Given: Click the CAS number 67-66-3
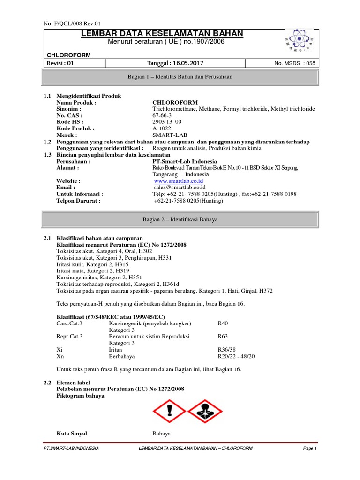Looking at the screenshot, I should click(162, 115).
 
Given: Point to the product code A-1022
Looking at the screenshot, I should click(162, 128).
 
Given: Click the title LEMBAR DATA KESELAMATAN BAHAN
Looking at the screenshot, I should click(162, 33).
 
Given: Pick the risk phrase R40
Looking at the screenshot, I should click(224, 323).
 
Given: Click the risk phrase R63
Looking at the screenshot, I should click(224, 337).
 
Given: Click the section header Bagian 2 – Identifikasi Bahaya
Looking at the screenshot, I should click(180, 219).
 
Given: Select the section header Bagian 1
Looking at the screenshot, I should click(180, 76).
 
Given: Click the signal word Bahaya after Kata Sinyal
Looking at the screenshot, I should click(162, 434).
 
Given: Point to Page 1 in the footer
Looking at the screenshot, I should click(310, 449).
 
